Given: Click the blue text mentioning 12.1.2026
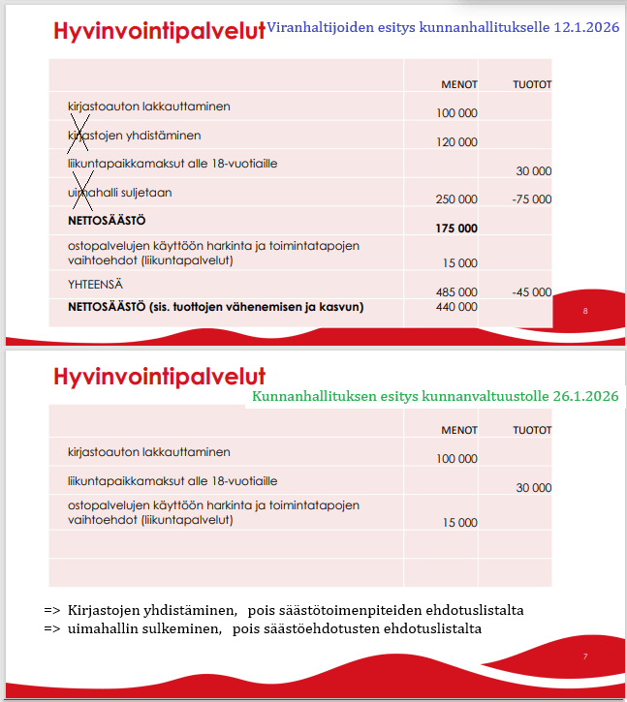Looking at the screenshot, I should pos(442,28).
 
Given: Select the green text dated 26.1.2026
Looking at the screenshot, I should pos(435,397).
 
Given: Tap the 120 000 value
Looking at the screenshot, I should pos(457,142).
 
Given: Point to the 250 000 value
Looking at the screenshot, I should pos(457,199).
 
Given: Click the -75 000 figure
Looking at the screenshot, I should pos(531,199).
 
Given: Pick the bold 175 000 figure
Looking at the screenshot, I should pos(457,229).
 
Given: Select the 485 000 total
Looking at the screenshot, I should pos(457,291).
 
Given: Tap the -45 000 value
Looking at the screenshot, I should pos(531,291).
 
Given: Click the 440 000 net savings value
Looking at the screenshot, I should pos(457,307).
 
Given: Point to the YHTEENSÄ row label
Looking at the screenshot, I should pos(95,286).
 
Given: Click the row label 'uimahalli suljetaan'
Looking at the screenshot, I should pos(119,193).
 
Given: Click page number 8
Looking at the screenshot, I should pos(585,312).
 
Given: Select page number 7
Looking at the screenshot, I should pos(585,657).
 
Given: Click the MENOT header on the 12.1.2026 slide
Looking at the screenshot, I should pos(459,85).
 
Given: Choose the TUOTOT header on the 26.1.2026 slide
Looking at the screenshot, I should pos(532,430).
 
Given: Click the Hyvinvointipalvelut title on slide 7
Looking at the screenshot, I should pos(159,376).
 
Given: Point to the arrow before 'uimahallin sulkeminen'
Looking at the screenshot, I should pos(52,629).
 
